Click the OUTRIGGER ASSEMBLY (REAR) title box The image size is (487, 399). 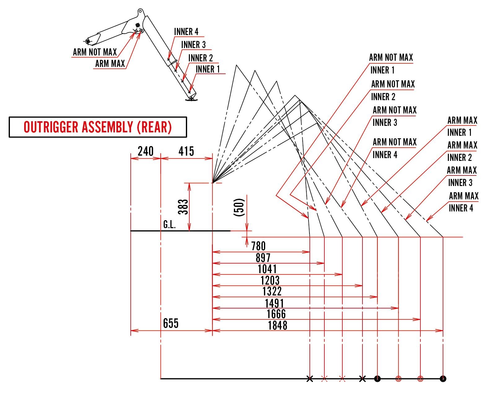(x=98, y=127)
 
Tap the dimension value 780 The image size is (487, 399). (x=258, y=246)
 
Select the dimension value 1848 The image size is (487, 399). (x=278, y=326)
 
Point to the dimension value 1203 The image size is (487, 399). (x=270, y=281)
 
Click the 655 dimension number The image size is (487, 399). (x=171, y=323)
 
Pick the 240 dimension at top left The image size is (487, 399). (x=146, y=151)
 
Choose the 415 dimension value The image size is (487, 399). (x=186, y=151)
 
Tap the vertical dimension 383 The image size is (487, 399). (x=183, y=207)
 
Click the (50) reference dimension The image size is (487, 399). (x=240, y=207)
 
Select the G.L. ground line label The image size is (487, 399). (x=169, y=225)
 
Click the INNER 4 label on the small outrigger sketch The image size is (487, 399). (x=186, y=32)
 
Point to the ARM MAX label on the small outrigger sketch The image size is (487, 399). (x=110, y=64)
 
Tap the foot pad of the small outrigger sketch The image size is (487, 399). (x=191, y=99)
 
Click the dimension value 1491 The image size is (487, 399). (x=274, y=303)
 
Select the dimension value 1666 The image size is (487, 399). (x=276, y=314)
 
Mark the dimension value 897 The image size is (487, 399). (x=263, y=258)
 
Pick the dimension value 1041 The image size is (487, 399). (x=267, y=269)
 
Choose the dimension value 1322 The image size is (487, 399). (x=272, y=292)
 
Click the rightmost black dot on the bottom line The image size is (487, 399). (x=443, y=379)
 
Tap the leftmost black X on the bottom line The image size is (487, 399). (x=309, y=379)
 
